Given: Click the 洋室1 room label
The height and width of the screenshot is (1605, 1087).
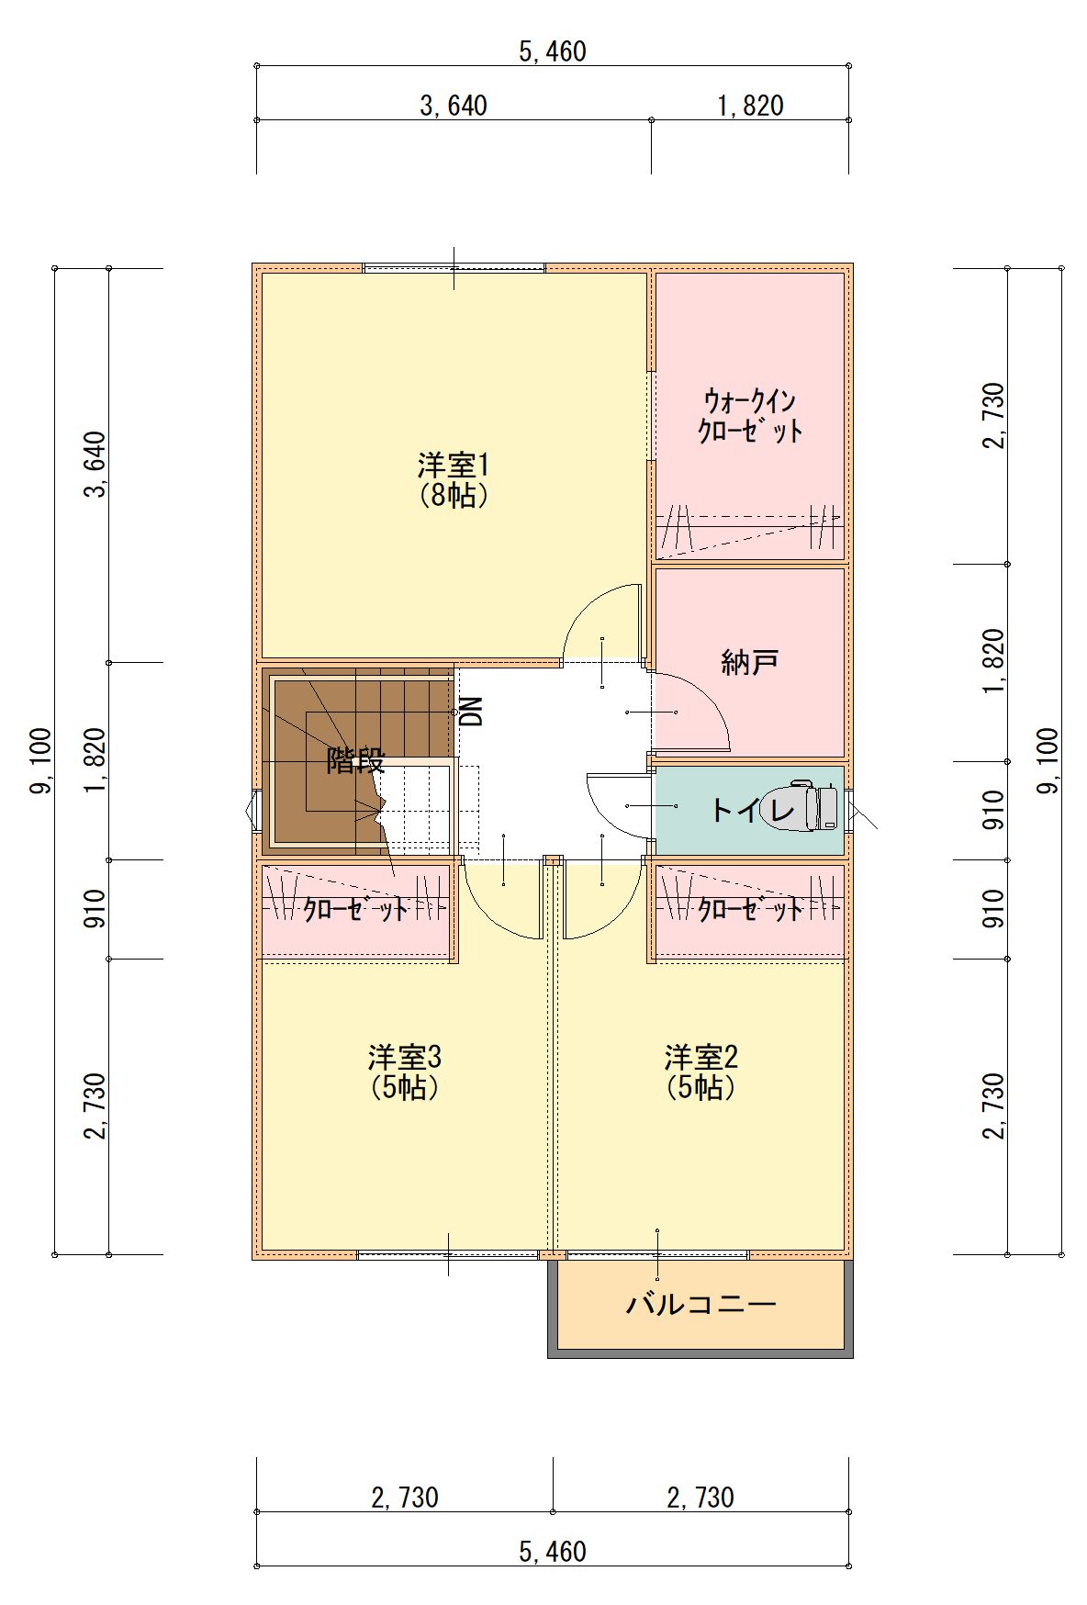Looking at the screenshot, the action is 454,465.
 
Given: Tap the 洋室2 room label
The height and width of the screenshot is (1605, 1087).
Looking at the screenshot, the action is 701,1057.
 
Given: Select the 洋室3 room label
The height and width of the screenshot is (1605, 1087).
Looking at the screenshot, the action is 405,1057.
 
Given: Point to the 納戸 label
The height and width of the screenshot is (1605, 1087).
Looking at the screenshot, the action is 750,661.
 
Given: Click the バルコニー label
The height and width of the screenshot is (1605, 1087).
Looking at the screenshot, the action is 701,1304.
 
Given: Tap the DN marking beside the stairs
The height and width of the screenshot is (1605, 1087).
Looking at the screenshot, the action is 471,712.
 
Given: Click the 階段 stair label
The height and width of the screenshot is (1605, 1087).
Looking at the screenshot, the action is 356,760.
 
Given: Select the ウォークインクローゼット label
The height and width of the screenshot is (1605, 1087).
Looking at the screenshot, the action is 750,416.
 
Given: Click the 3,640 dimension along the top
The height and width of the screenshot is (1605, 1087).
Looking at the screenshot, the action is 454,106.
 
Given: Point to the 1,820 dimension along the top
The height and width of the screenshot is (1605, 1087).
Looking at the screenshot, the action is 750,106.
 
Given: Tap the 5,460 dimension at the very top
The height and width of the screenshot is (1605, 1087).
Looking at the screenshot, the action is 553,51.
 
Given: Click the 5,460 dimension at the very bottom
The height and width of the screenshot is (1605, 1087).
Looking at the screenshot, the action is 553,1552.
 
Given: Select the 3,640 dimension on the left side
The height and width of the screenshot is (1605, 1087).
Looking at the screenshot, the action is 95,465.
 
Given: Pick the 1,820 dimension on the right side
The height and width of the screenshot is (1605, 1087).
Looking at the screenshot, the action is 994,662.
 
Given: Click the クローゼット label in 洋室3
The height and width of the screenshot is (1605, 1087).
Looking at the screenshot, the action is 356,910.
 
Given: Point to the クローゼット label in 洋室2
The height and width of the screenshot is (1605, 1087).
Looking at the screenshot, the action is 750,910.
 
